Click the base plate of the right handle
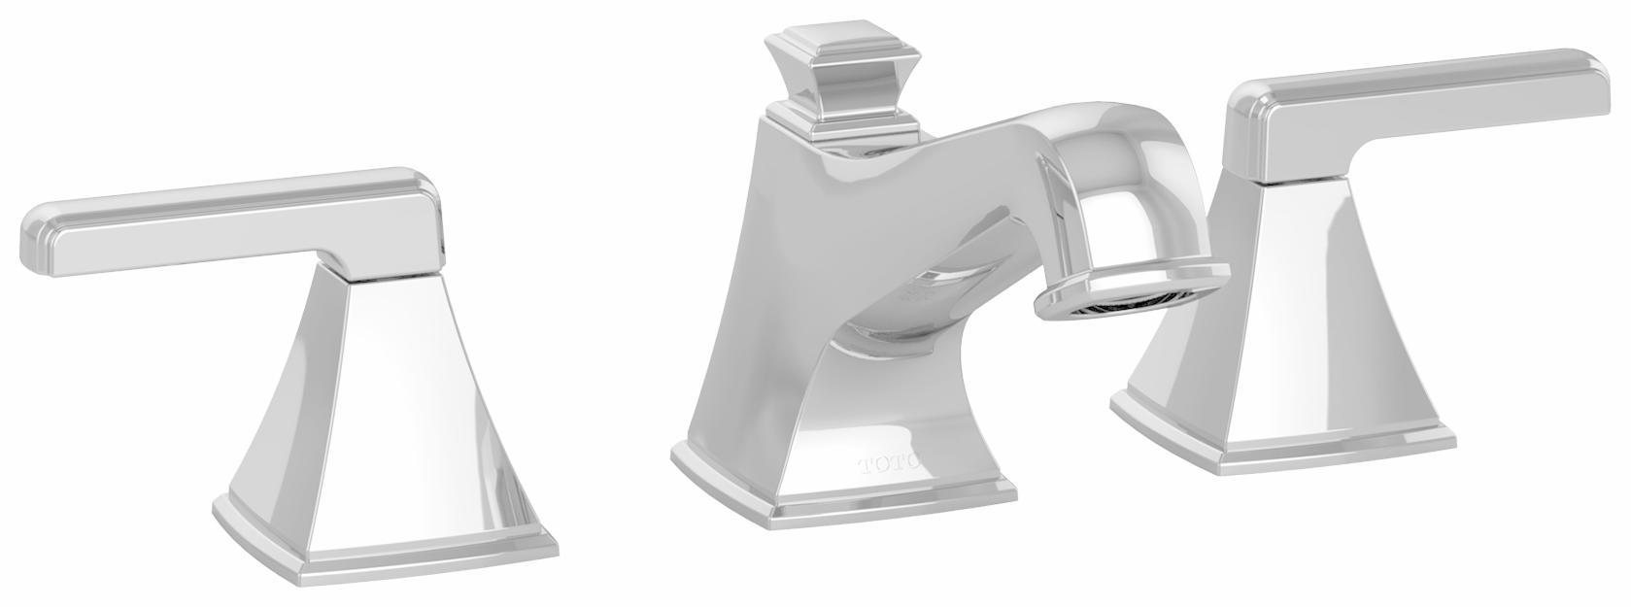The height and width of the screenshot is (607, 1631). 1282,442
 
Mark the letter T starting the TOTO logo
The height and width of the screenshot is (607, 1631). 863,463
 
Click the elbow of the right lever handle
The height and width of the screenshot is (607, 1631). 1263,136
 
